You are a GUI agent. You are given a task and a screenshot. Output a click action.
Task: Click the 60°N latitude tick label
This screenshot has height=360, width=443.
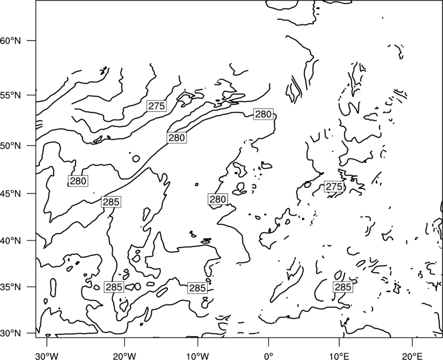point(11,40)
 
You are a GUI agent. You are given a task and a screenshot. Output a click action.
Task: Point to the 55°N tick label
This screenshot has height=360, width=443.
point(11,95)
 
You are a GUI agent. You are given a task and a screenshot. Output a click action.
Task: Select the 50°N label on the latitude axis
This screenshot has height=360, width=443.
point(11,146)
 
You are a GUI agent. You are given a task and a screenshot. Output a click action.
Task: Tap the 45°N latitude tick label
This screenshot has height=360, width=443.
point(11,193)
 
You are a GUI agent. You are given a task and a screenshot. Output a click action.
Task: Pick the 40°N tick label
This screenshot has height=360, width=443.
point(11,241)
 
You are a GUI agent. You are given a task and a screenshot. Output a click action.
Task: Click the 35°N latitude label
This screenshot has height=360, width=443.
point(11,287)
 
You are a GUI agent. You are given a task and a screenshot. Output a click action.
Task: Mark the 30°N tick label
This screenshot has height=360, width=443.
point(11,333)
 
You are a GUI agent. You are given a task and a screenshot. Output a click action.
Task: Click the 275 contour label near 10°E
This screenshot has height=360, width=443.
point(334,187)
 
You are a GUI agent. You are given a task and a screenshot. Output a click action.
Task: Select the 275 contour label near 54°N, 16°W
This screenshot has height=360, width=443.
point(157,106)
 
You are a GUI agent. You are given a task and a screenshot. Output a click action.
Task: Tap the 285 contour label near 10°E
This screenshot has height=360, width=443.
point(343,287)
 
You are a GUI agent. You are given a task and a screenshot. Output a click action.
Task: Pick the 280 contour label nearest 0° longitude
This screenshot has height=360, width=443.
point(264,114)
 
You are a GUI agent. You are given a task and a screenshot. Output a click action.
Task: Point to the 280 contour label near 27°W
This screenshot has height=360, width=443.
point(78,181)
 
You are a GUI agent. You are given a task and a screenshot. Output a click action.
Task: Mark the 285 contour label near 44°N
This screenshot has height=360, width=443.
point(111,202)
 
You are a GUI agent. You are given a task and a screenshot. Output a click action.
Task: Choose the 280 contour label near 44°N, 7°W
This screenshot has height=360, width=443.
point(218,199)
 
